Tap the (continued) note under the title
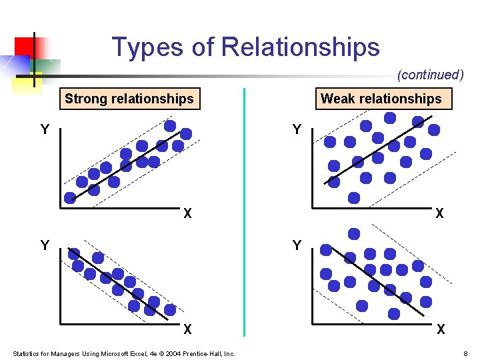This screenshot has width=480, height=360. (430, 75)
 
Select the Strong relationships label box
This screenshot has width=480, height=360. (129, 99)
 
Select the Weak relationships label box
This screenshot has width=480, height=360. (381, 99)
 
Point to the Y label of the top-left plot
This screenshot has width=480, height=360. (45, 129)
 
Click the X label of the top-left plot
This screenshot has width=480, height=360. (188, 214)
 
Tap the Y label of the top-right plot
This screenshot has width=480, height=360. (297, 129)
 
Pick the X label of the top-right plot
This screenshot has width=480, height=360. (440, 214)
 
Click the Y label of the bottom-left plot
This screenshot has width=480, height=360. (45, 245)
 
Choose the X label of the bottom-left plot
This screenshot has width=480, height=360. (188, 329)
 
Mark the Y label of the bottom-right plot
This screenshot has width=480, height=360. (297, 245)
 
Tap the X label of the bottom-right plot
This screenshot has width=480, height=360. (440, 329)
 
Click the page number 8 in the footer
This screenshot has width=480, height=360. (465, 353)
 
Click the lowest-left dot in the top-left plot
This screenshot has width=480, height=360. (70, 197)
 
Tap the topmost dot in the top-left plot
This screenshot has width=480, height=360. (170, 125)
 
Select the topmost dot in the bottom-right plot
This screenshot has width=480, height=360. (354, 234)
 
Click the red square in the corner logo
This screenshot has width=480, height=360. (25, 46)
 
